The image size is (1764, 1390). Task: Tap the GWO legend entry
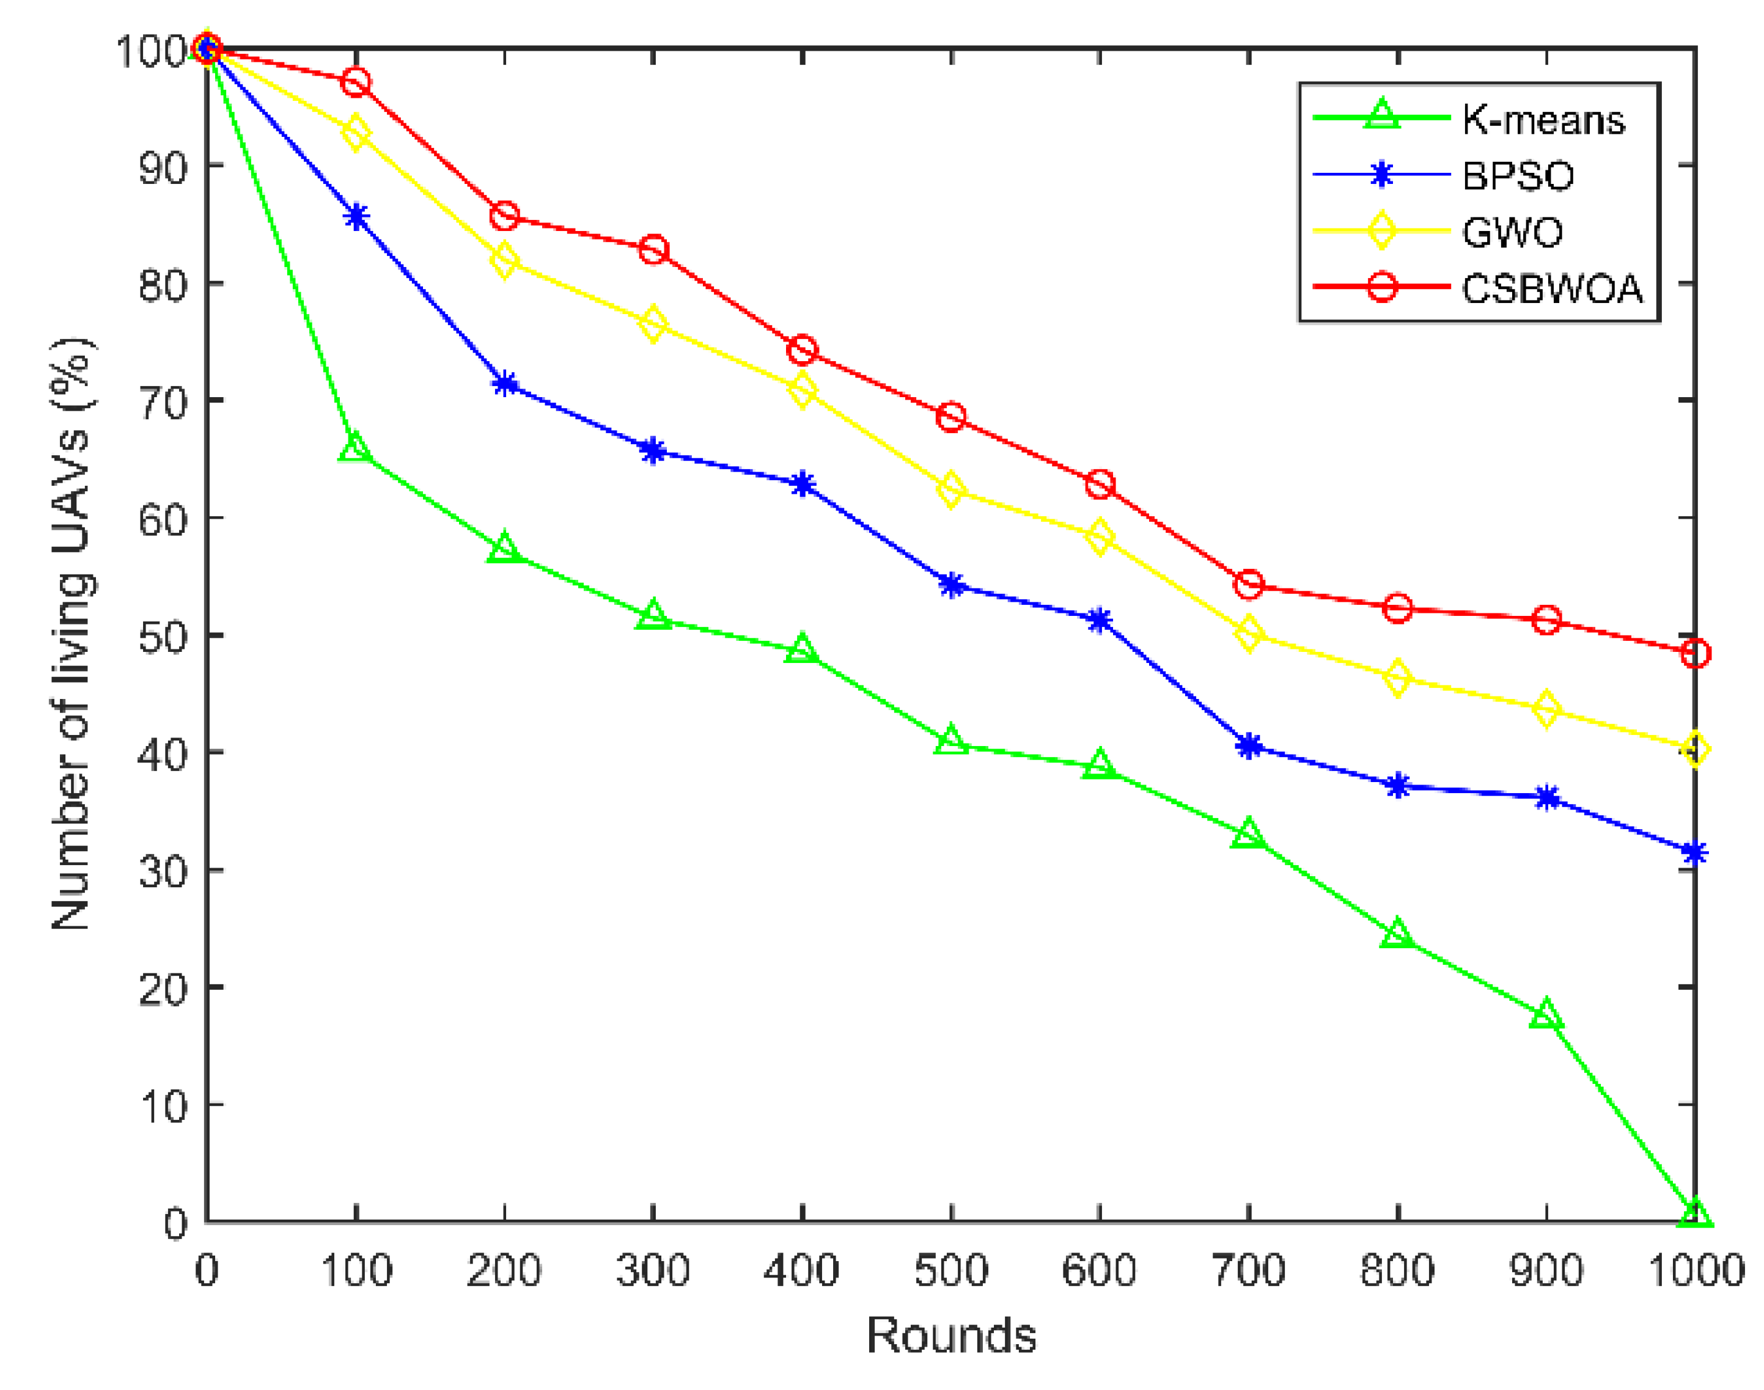pyautogui.click(x=1512, y=232)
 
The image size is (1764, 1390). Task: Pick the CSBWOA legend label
pyautogui.click(x=1551, y=288)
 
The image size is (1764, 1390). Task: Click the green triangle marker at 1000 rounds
pyautogui.click(x=1695, y=1215)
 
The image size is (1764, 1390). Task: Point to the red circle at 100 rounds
pyautogui.click(x=356, y=82)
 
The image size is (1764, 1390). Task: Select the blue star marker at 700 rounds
pyautogui.click(x=1249, y=745)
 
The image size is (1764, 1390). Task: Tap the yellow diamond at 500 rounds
pyautogui.click(x=951, y=490)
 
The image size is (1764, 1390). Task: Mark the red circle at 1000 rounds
pyautogui.click(x=1695, y=653)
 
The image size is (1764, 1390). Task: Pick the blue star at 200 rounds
pyautogui.click(x=505, y=383)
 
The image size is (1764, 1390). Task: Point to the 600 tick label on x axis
pyautogui.click(x=1099, y=1270)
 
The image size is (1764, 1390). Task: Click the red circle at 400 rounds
pyautogui.click(x=803, y=350)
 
